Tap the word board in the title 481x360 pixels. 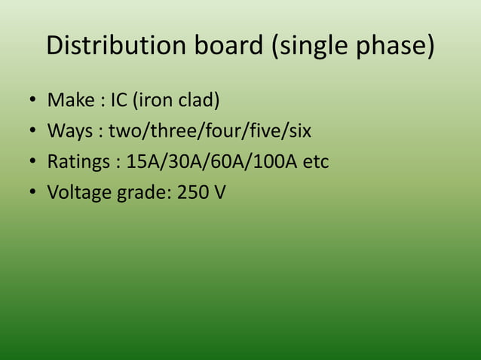[219, 46]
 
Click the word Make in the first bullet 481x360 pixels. [68, 99]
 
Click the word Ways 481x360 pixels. [69, 131]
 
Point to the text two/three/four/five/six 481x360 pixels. [210, 131]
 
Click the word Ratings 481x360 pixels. [78, 162]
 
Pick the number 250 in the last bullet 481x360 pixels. [193, 193]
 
